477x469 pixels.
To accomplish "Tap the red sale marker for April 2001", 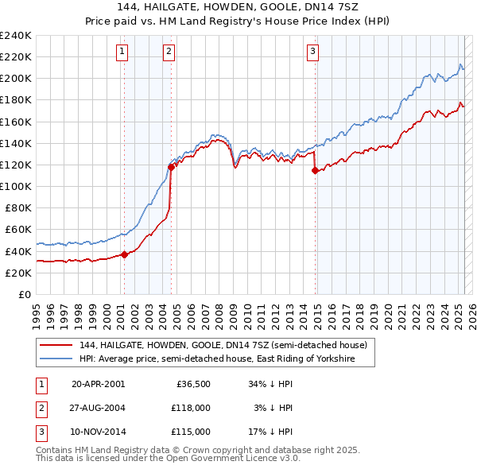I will coord(124,254).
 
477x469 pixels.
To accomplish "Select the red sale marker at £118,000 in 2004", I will coord(172,166).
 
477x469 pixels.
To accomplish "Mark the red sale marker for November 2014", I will coord(315,170).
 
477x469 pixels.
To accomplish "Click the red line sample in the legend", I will coord(56,346).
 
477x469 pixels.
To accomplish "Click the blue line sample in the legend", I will coord(56,359).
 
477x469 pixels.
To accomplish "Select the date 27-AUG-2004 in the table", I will coord(99,408).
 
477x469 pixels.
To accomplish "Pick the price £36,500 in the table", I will coord(193,384).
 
